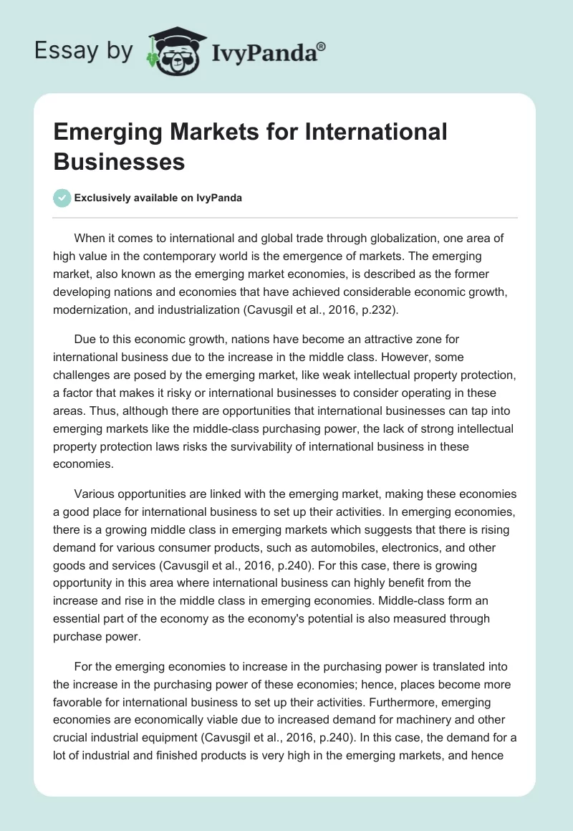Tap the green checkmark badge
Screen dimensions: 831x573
pyautogui.click(x=62, y=198)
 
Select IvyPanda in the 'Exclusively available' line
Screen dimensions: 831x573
pyautogui.click(x=219, y=198)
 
